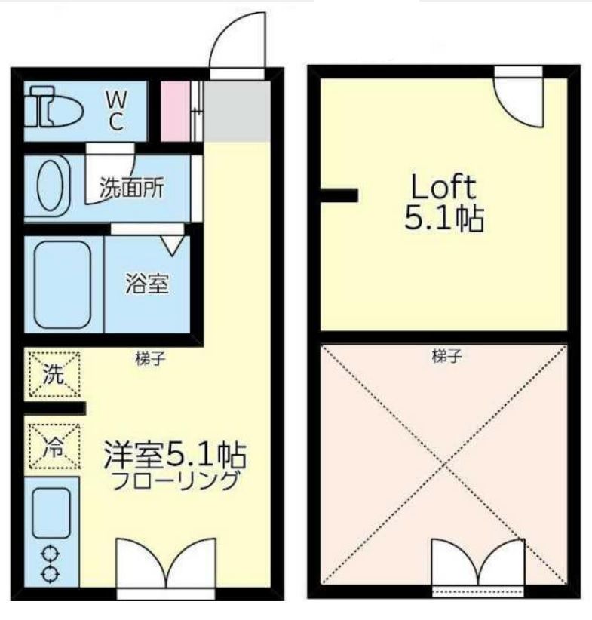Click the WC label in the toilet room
point(116,111)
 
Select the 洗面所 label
point(132,188)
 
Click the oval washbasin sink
point(51,186)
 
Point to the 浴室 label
point(147,283)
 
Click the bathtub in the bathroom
point(63,284)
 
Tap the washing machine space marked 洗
point(54,374)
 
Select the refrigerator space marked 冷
point(54,447)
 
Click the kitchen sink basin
point(51,513)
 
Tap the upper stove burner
point(51,554)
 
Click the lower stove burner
point(51,573)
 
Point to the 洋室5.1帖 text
point(175,455)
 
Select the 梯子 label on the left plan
point(150,359)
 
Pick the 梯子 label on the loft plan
point(446,357)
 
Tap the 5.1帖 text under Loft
point(444,218)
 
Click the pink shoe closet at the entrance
point(176,111)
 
